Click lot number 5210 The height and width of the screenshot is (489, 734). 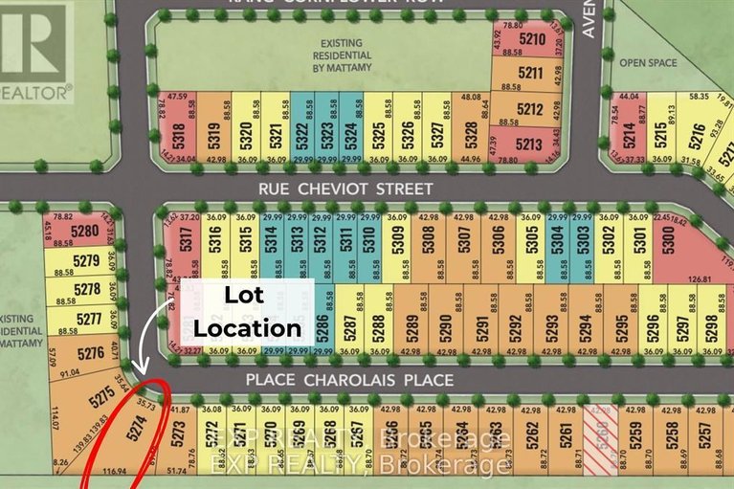(532, 40)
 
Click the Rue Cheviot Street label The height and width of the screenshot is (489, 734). (345, 189)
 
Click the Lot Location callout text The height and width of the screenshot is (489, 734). (247, 312)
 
